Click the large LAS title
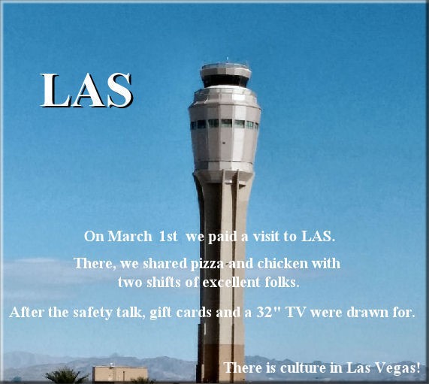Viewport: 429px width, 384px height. (86, 90)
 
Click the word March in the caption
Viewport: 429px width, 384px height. (130, 236)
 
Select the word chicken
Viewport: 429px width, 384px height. (279, 264)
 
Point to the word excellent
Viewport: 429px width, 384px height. (231, 283)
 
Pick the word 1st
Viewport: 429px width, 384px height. (168, 236)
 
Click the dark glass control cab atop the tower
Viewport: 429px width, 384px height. (225, 80)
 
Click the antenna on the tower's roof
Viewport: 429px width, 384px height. (227, 60)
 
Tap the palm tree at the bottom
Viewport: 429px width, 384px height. (66, 376)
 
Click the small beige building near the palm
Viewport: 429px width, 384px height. (120, 373)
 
